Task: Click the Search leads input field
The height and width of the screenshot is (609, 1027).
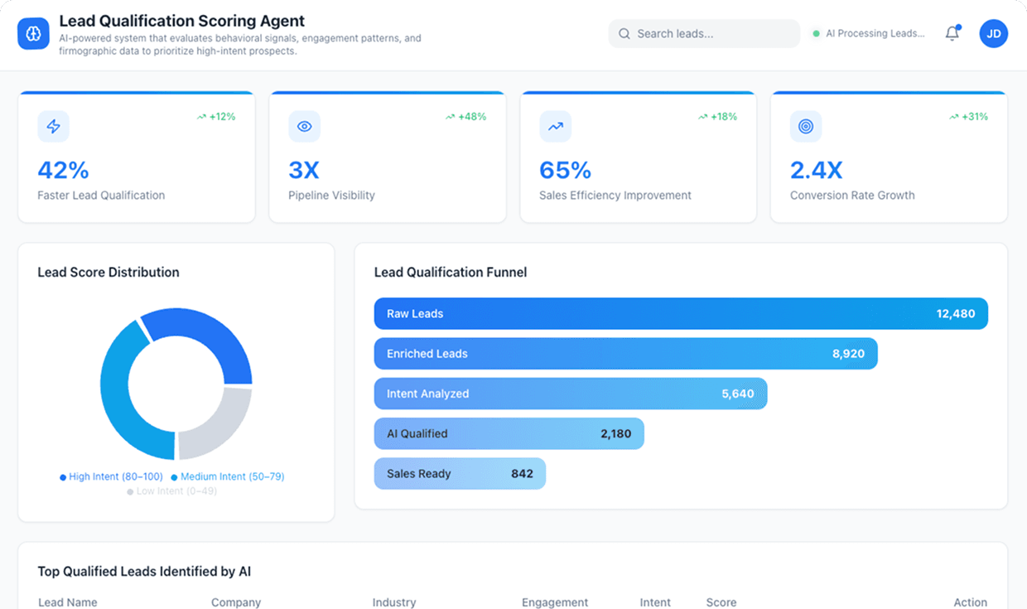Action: tap(704, 34)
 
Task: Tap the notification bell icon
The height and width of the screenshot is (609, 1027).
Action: tap(952, 34)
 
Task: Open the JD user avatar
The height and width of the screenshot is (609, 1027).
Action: tap(993, 34)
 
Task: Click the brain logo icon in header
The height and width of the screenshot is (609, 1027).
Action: tap(33, 34)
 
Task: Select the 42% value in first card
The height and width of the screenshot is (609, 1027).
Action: tap(63, 170)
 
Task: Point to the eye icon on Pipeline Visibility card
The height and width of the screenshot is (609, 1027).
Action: tap(304, 127)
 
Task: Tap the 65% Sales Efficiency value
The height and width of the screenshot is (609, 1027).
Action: tap(565, 170)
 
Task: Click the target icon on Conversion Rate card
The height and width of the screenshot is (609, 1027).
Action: tap(805, 127)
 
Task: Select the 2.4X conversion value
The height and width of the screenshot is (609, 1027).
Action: tap(816, 170)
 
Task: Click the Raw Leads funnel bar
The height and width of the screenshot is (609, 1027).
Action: tap(679, 314)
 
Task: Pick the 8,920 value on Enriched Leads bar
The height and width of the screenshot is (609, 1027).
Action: tap(848, 354)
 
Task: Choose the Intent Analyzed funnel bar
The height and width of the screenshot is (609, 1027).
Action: tap(570, 394)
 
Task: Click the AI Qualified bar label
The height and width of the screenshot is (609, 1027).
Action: tap(417, 433)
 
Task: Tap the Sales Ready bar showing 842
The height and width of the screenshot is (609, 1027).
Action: tap(460, 474)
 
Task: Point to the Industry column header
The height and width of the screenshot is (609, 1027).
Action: tap(394, 602)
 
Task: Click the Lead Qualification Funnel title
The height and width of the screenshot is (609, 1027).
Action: tap(451, 272)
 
